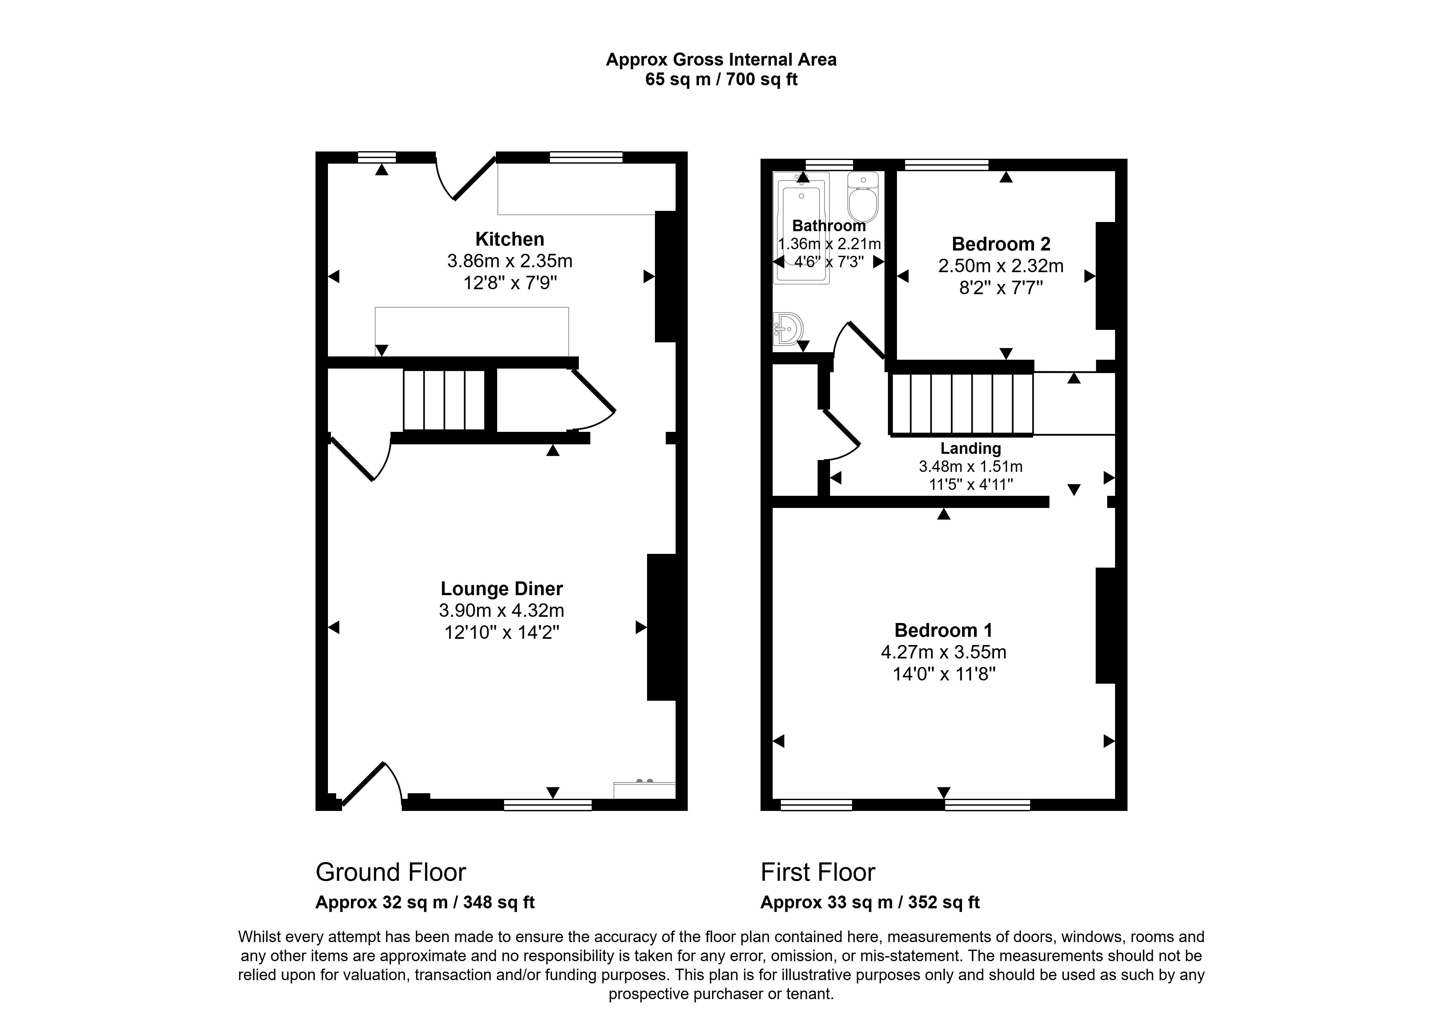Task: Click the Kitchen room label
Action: point(510,239)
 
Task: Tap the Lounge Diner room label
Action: point(501,589)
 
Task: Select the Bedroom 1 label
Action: point(943,631)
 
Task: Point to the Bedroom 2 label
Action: point(1001,244)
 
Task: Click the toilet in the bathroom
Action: point(863,197)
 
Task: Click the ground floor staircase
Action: point(444,400)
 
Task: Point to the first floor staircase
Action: point(961,404)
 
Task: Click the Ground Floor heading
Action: point(391,872)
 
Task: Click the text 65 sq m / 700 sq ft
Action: point(721,80)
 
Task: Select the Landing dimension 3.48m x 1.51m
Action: point(970,467)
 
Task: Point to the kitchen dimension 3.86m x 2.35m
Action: point(510,261)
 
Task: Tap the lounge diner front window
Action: point(547,805)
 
